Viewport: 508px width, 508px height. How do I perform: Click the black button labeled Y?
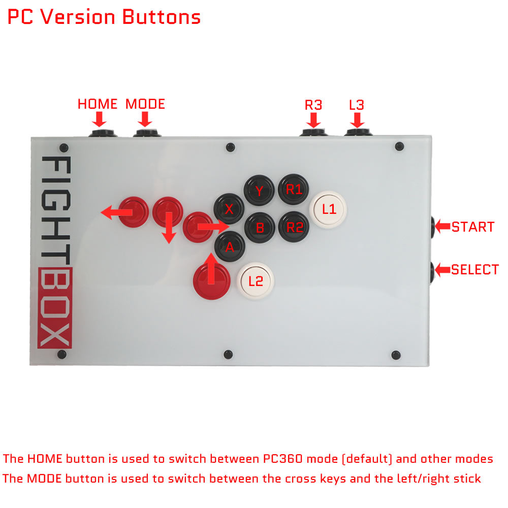point(259,190)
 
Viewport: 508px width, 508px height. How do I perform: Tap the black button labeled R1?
point(294,189)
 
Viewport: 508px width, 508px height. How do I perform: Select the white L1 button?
point(328,210)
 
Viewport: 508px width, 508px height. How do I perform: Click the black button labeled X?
point(229,209)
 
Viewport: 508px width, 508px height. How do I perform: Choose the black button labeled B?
point(260,228)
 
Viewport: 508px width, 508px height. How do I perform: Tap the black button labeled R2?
point(294,227)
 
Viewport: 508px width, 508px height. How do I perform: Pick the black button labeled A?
point(230,246)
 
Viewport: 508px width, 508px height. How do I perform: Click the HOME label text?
point(98,104)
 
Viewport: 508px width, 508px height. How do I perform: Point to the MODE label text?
point(145,104)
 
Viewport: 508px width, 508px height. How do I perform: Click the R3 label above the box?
point(313,105)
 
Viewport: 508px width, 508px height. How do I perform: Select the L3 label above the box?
point(357,105)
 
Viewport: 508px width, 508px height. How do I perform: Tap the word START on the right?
point(473,227)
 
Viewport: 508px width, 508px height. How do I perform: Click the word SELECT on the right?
point(475,270)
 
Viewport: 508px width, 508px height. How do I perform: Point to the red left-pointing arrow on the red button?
point(117,212)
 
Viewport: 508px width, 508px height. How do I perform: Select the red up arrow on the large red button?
point(211,269)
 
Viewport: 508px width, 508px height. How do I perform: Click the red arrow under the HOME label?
point(99,119)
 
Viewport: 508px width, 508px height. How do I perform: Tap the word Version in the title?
point(77,17)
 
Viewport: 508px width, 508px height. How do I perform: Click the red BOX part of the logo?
point(55,308)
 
